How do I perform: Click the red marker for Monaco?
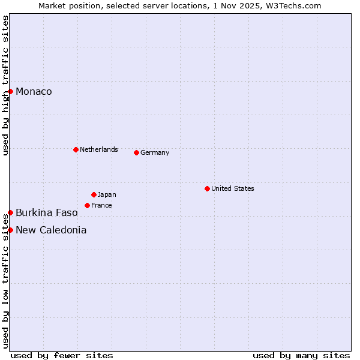[10, 91]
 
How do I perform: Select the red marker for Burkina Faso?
[10, 212]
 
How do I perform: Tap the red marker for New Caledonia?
[10, 230]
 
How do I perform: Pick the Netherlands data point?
[76, 149]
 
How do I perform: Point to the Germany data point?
[136, 152]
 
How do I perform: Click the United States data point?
[207, 188]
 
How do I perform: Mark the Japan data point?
[94, 194]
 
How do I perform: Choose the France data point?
[87, 205]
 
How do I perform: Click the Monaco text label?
[34, 91]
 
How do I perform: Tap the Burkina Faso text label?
[46, 212]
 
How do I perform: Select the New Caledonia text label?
[51, 230]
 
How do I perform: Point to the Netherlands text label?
[99, 149]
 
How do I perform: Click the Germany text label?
[155, 152]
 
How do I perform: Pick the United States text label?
[233, 188]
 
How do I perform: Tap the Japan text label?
[107, 194]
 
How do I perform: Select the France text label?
[101, 205]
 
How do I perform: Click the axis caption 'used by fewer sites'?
[62, 355]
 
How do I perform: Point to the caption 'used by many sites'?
[301, 355]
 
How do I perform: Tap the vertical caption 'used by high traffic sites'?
[5, 86]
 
